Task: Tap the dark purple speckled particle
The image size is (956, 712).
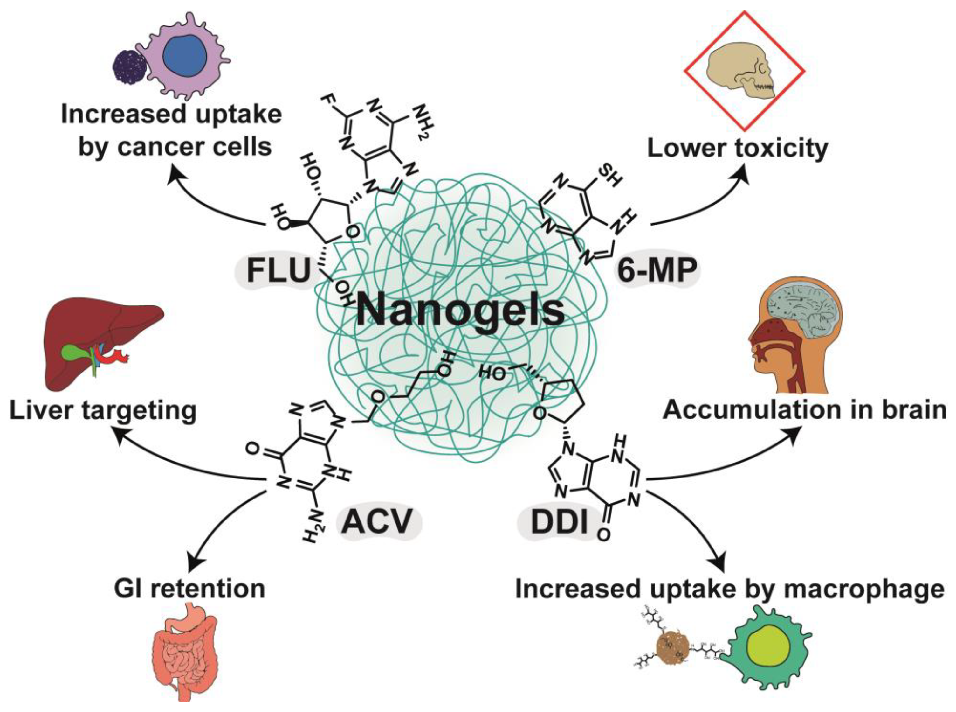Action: (129, 66)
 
